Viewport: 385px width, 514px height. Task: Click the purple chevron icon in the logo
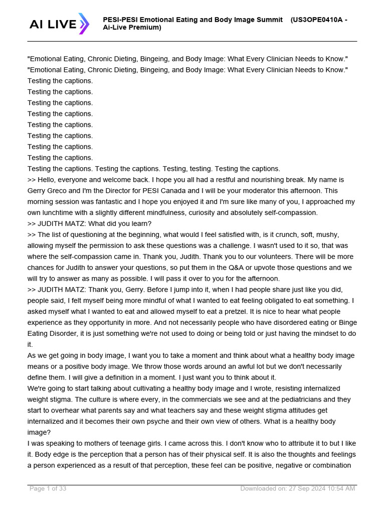click(83, 24)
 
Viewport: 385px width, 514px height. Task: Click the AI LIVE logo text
click(53, 24)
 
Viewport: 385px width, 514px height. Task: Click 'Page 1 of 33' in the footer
click(48, 488)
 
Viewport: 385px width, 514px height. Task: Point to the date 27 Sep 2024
click(304, 488)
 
